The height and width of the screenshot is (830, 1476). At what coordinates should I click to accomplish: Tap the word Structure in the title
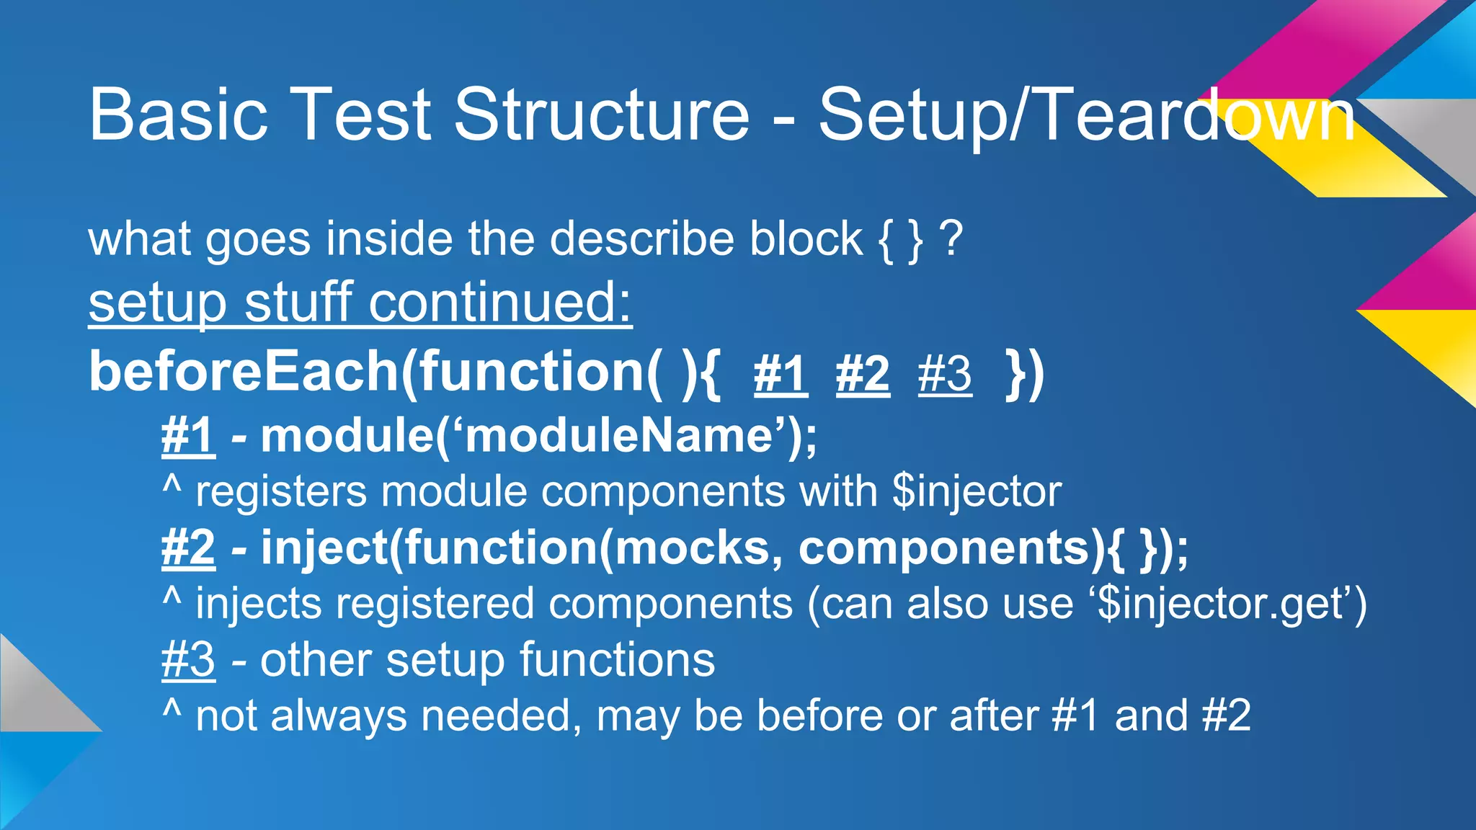pos(602,115)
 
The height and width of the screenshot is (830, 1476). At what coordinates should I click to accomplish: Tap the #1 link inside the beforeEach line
pos(781,375)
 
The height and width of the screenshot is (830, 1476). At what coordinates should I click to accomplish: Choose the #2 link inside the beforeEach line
pos(863,375)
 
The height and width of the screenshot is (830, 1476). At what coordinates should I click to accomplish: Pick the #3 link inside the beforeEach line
pos(945,375)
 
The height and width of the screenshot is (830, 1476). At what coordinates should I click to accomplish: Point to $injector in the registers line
pos(977,492)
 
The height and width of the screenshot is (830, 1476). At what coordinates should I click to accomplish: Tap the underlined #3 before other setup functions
pos(188,660)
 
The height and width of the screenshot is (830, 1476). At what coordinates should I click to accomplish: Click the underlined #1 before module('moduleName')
pos(188,436)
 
